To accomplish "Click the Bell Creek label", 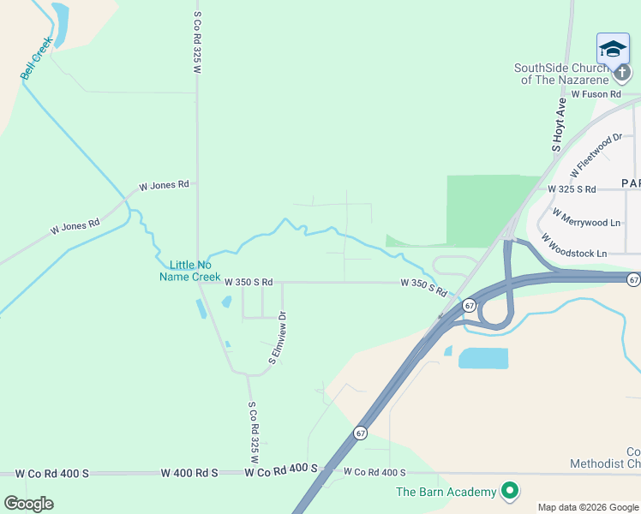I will [38, 57].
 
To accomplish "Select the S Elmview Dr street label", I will [277, 338].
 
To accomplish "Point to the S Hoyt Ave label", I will [560, 124].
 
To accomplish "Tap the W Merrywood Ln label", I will [586, 217].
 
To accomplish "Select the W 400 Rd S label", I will [189, 473].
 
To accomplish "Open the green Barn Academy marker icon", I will [510, 491].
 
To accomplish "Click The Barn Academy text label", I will [446, 492].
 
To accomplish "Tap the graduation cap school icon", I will [613, 48].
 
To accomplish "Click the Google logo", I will [28, 503].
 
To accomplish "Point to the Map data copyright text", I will [588, 507].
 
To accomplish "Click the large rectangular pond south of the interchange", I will [483, 358].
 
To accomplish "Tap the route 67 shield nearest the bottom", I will [361, 433].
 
